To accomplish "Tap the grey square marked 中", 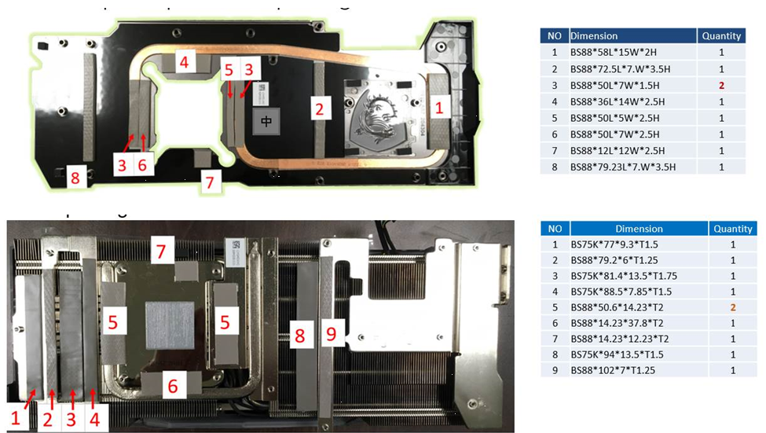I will coord(266,121).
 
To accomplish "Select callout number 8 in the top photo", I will coord(75,178).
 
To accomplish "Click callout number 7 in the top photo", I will coord(208,182).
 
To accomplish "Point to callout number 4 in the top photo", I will coord(183,62).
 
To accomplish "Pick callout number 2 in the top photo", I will coord(319,108).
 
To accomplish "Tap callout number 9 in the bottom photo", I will coord(331,334).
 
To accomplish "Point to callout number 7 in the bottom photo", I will coord(161,252).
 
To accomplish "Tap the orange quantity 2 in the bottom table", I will coord(732,307).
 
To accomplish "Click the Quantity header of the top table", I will coord(721,35).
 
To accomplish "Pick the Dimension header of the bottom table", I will coord(638,229).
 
